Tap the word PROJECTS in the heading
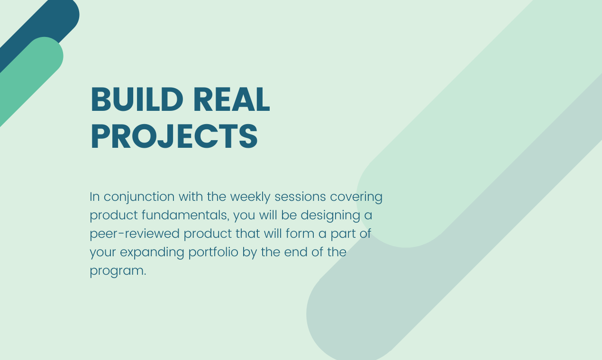click(x=174, y=137)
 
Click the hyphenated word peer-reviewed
click(x=135, y=234)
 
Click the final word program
click(x=118, y=271)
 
